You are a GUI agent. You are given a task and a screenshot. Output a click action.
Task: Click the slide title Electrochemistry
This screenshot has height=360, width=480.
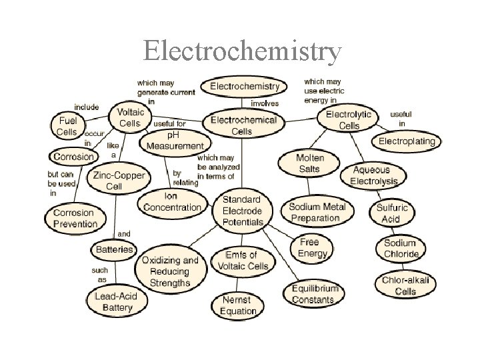click(x=243, y=51)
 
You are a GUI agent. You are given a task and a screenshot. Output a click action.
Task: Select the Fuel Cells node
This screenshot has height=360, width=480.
click(x=67, y=125)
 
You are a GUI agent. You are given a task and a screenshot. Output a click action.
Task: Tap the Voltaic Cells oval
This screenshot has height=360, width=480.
click(x=129, y=118)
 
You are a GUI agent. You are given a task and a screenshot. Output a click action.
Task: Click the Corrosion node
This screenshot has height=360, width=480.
click(x=74, y=157)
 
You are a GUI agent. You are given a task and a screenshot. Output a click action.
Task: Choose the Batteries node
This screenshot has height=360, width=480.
click(x=113, y=249)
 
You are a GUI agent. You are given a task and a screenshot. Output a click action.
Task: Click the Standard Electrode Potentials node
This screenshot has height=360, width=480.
click(x=242, y=210)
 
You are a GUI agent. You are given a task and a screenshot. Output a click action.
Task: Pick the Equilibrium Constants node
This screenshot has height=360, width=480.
click(x=315, y=294)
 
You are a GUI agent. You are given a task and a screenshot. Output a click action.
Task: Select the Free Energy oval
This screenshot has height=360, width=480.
click(x=313, y=247)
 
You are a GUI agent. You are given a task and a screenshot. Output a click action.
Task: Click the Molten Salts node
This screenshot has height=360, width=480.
click(x=309, y=163)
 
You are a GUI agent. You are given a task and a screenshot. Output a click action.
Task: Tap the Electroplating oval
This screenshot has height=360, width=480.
click(x=407, y=141)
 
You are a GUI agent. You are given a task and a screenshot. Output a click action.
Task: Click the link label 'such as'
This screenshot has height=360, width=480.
click(x=99, y=275)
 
